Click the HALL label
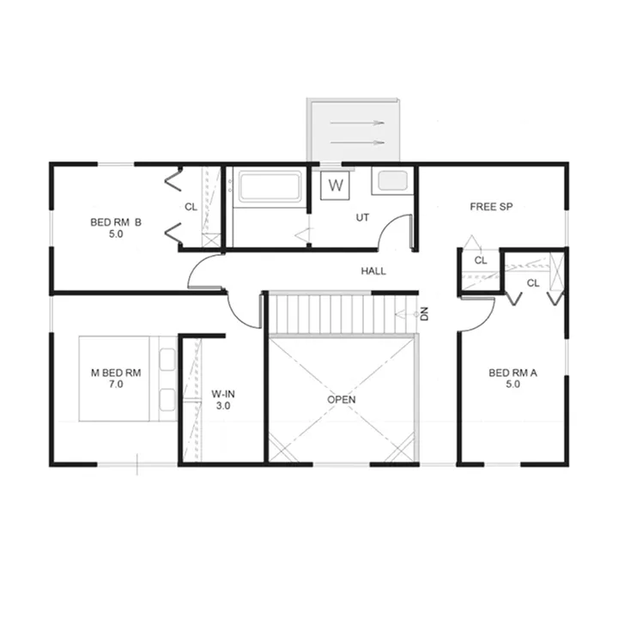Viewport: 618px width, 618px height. [373, 270]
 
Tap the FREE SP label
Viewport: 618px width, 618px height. [491, 207]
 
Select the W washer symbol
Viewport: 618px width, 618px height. [336, 185]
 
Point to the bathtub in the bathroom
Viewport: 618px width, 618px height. [270, 185]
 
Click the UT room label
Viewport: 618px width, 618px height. [362, 217]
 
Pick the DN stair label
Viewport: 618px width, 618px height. [424, 314]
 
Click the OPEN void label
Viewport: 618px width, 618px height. [342, 400]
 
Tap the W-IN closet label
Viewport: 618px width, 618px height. [223, 394]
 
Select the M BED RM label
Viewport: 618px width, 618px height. [116, 373]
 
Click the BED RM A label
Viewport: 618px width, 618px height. [512, 373]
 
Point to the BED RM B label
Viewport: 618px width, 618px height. [116, 222]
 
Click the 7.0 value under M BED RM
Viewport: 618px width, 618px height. [116, 384]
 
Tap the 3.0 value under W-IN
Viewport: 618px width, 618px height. [223, 405]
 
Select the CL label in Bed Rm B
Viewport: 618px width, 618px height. [191, 207]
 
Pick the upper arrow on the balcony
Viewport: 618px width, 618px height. [357, 123]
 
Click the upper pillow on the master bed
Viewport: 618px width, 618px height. [167, 359]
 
